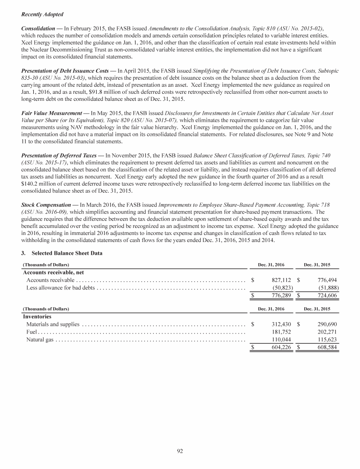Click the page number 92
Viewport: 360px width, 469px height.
tap(180, 451)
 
